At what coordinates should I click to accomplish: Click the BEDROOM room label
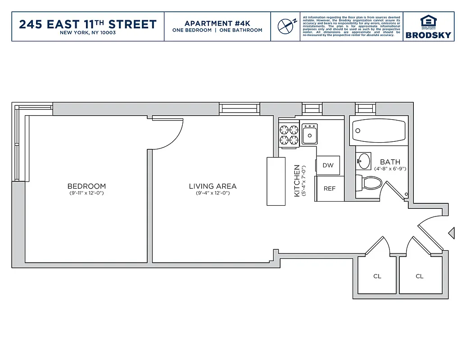(86, 186)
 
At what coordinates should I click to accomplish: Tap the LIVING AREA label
(213, 186)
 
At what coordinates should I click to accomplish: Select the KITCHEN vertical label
(297, 180)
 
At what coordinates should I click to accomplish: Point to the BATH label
(390, 162)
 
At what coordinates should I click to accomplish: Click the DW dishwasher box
(328, 165)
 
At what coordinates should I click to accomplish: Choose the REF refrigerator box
(330, 189)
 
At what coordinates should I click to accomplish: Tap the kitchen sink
(310, 134)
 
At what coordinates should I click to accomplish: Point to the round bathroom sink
(363, 160)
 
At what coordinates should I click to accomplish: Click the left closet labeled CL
(377, 276)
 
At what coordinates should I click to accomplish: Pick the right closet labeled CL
(420, 276)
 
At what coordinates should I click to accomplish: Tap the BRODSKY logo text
(428, 35)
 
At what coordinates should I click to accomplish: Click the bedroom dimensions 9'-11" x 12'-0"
(86, 193)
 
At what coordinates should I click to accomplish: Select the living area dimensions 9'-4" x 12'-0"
(213, 193)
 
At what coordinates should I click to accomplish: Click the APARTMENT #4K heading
(217, 23)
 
